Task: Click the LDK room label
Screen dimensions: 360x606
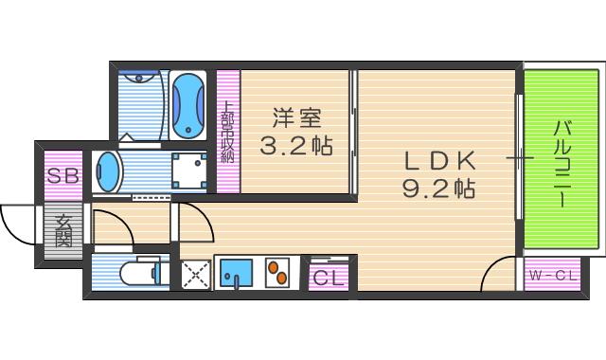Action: tap(437, 158)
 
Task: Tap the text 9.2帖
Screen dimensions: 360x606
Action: tap(437, 188)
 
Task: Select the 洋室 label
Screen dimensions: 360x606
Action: tap(296, 119)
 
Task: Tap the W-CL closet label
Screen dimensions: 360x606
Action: tap(552, 277)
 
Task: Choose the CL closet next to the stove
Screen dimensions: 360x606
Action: tap(329, 278)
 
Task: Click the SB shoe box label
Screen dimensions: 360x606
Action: tap(63, 176)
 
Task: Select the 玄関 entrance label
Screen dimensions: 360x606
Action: tap(63, 231)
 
